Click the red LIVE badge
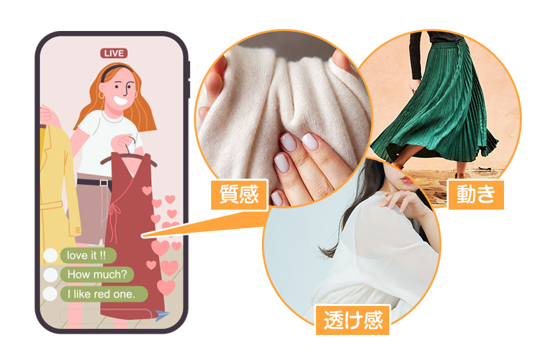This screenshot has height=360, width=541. [114, 53]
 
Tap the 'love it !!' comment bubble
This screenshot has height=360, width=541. [88, 256]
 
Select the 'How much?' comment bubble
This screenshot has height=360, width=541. [97, 274]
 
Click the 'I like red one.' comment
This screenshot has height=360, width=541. [104, 294]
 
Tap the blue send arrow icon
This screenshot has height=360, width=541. [162, 315]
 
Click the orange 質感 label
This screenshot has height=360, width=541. [239, 195]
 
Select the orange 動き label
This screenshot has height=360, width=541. [476, 195]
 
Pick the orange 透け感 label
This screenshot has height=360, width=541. [353, 320]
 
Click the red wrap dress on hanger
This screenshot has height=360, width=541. [133, 235]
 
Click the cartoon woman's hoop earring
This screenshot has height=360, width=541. [102, 95]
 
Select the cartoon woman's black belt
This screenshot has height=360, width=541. [94, 183]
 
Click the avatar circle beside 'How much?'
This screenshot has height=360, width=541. [50, 275]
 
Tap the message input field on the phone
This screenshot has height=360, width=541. [106, 316]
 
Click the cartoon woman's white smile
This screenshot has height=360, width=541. [120, 100]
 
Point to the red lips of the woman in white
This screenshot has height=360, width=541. [407, 181]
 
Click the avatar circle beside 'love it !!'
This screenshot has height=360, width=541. [50, 256]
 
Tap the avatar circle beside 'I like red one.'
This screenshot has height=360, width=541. [50, 294]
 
